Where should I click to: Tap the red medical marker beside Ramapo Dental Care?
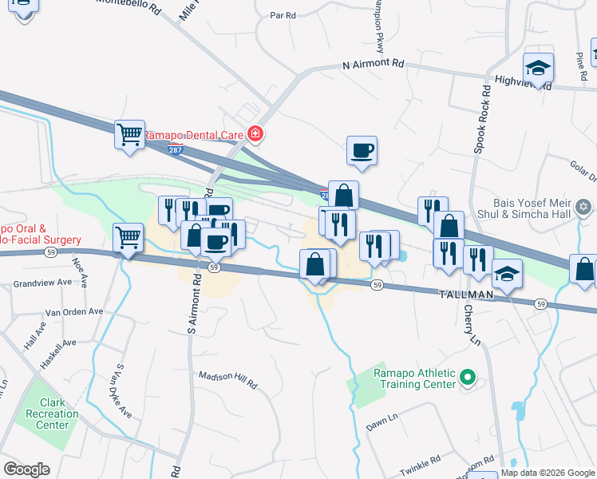(255, 133)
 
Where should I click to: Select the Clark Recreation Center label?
(52, 414)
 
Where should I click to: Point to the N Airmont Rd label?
(374, 63)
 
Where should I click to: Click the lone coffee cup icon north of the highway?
(362, 150)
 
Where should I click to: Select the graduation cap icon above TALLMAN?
(507, 274)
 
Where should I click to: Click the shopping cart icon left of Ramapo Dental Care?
(129, 133)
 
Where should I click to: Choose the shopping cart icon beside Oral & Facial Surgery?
(128, 237)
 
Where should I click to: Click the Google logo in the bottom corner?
(26, 469)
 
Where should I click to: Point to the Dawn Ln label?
(382, 418)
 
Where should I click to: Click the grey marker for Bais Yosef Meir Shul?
(584, 208)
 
